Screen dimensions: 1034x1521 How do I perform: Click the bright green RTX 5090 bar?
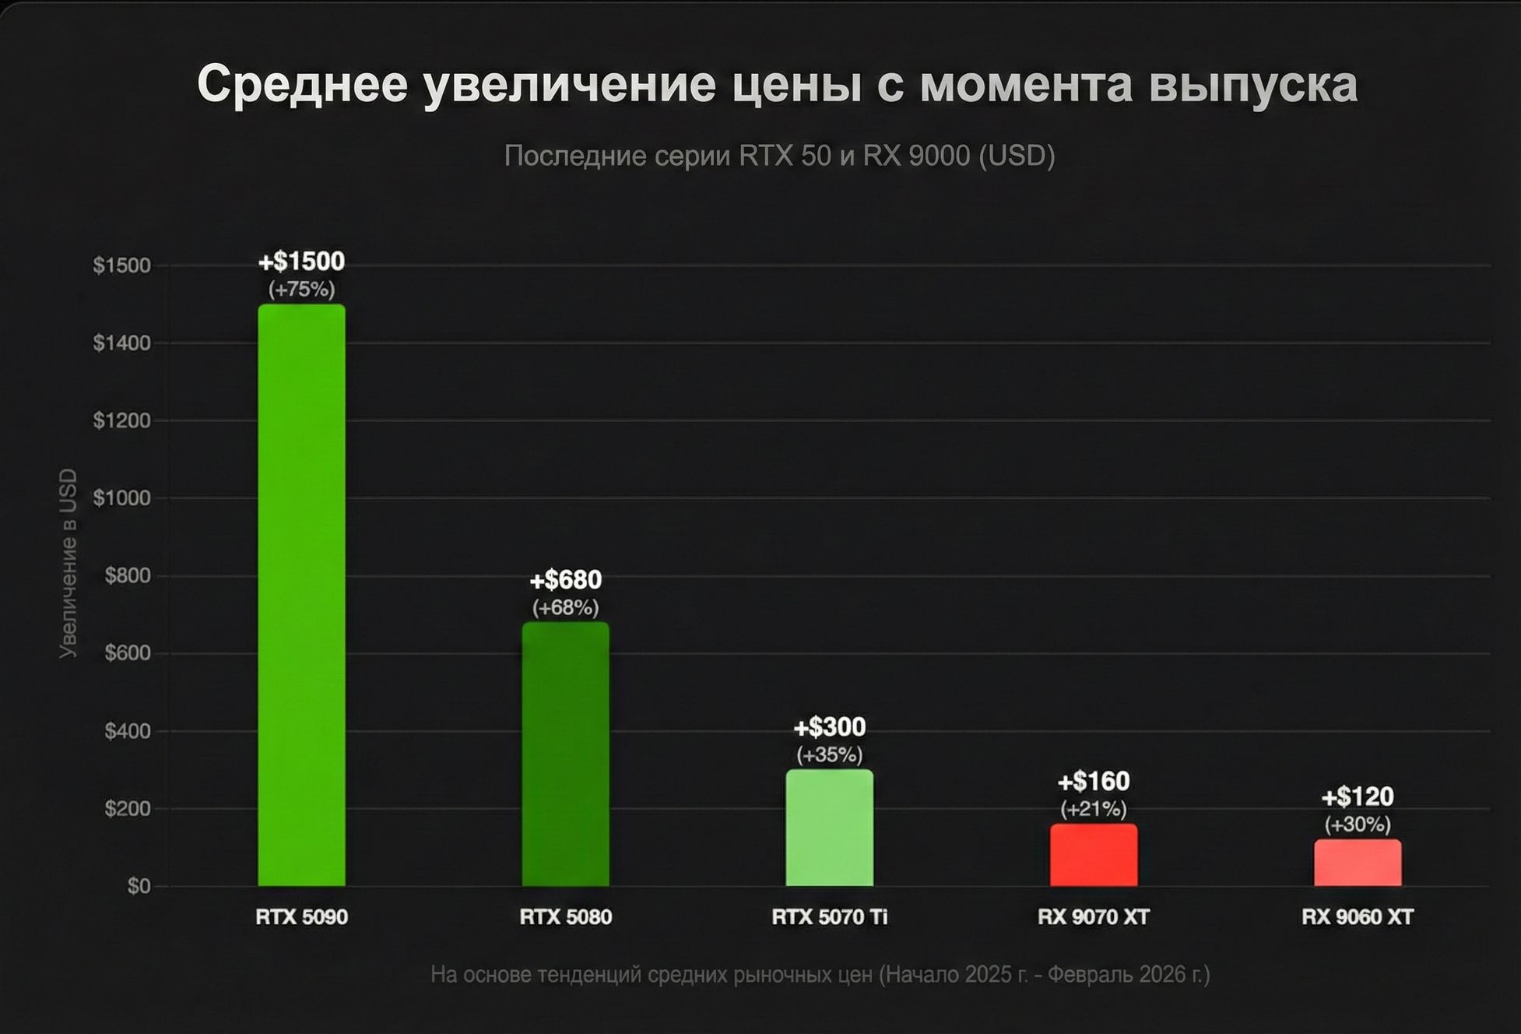301,596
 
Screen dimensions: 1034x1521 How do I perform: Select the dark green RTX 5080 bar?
565,754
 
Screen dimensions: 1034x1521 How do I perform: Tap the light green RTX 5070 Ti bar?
829,828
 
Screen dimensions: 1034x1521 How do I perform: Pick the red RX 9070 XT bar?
1093,855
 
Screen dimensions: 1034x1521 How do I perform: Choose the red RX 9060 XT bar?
1357,863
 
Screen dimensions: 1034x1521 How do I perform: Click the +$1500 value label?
301,262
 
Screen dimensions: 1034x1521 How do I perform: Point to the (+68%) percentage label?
565,607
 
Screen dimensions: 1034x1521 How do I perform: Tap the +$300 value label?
829,727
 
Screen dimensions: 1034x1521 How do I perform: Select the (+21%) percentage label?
1093,809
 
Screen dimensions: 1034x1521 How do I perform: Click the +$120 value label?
1357,797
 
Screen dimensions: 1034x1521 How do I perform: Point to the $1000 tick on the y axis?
121,498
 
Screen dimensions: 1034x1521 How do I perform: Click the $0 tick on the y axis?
139,886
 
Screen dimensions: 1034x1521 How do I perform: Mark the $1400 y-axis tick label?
121,343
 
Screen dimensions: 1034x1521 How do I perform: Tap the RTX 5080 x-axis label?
565,917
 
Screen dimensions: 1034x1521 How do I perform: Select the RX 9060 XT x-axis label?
1357,917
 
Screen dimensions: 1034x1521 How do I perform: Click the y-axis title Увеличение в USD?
69,563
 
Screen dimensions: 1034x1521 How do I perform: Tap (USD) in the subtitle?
1017,156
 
